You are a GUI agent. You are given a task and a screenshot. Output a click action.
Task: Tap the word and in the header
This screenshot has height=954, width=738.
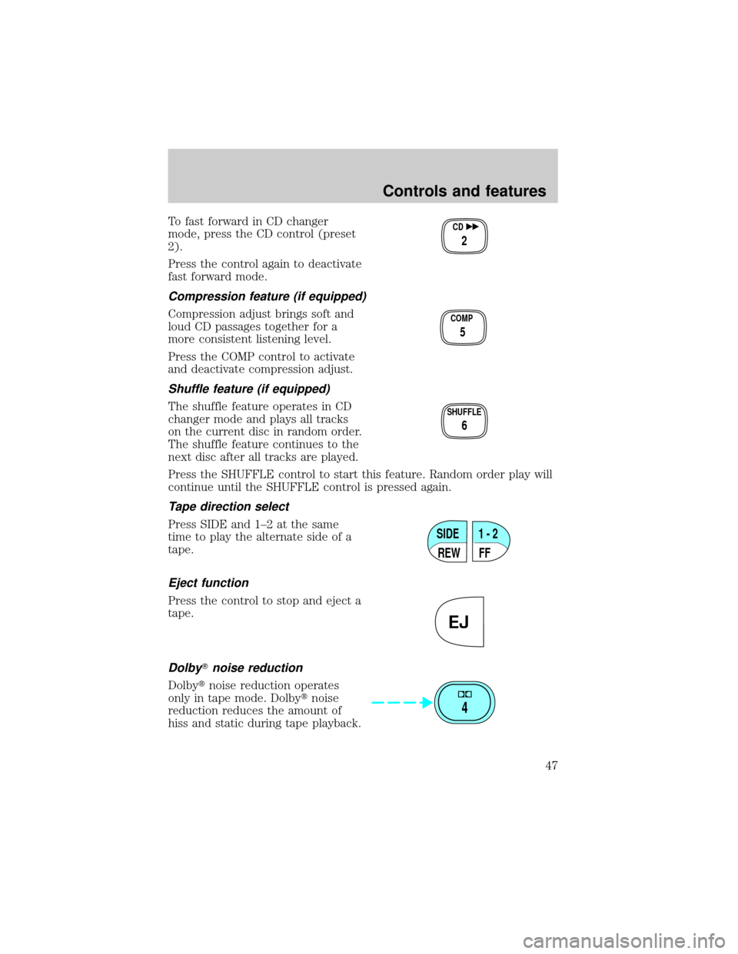pos(466,191)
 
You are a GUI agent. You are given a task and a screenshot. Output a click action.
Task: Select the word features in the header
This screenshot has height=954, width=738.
pos(514,191)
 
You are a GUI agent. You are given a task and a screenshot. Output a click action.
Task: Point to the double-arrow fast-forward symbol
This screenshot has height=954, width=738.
pos(474,228)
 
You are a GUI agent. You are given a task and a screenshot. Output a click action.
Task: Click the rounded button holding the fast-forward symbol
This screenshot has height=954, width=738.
pos(464,237)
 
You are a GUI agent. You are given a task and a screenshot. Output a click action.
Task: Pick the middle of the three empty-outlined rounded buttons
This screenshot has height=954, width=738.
pos(464,328)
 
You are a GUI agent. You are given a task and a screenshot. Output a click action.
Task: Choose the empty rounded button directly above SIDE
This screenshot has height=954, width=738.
pos(464,421)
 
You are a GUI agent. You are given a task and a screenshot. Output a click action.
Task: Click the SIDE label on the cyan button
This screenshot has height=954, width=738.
pos(447,533)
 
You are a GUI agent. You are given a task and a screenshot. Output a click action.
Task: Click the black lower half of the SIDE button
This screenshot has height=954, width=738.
pos(449,552)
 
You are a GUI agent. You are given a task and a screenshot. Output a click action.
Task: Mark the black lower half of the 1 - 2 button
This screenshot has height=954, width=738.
pos(488,552)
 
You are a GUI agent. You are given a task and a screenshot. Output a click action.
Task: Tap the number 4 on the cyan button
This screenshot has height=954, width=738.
pos(464,708)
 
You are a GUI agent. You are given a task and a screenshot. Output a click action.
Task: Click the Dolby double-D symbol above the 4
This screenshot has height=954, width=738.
pos(464,694)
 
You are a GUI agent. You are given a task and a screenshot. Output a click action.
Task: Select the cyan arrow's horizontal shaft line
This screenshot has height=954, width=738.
pos(392,702)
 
